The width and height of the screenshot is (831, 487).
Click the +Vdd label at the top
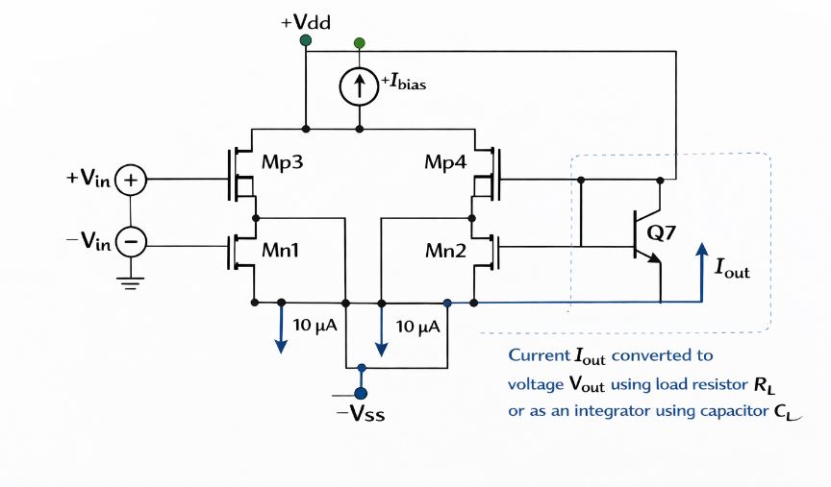[x=306, y=21]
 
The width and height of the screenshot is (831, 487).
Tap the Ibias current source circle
[x=360, y=87]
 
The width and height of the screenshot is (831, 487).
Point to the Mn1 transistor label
[x=280, y=252]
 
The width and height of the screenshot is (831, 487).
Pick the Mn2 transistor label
[x=446, y=252]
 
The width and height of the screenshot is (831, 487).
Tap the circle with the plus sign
[x=130, y=180]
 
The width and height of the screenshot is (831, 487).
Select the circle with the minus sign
[x=130, y=241]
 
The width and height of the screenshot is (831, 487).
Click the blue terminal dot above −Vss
[x=360, y=393]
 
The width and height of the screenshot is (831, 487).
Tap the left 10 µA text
[x=315, y=326]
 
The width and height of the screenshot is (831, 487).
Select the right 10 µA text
[x=417, y=326]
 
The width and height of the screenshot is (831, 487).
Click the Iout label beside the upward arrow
[x=731, y=269]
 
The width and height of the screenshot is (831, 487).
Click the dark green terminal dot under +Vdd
[x=306, y=40]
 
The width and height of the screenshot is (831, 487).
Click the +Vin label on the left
[x=88, y=179]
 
